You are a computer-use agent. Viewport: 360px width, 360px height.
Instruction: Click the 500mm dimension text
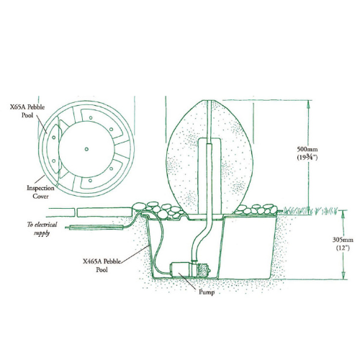click(307, 149)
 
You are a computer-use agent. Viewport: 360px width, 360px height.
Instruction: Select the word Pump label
click(207, 292)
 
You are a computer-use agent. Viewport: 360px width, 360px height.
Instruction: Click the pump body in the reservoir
click(183, 270)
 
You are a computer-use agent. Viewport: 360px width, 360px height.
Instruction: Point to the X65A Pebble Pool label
click(27, 111)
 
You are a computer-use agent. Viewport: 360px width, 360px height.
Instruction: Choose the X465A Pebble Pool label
click(102, 266)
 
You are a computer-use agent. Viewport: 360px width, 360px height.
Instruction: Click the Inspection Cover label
click(40, 192)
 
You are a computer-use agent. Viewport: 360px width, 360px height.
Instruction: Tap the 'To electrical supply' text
click(42, 229)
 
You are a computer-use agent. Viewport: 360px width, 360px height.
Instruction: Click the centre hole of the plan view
click(86, 149)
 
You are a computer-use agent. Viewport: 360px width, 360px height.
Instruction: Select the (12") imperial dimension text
click(343, 248)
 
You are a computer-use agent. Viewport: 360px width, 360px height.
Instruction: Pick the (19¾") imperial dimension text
click(307, 158)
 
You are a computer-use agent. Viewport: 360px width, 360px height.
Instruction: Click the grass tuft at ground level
click(310, 211)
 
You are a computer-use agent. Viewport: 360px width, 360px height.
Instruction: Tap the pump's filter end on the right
click(204, 270)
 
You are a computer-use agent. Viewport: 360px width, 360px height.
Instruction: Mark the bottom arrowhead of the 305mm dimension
click(343, 276)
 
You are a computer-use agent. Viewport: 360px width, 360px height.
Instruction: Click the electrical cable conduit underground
click(95, 228)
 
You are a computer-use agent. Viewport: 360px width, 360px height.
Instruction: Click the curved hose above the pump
click(203, 238)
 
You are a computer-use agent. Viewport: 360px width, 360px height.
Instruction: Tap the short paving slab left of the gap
click(61, 212)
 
